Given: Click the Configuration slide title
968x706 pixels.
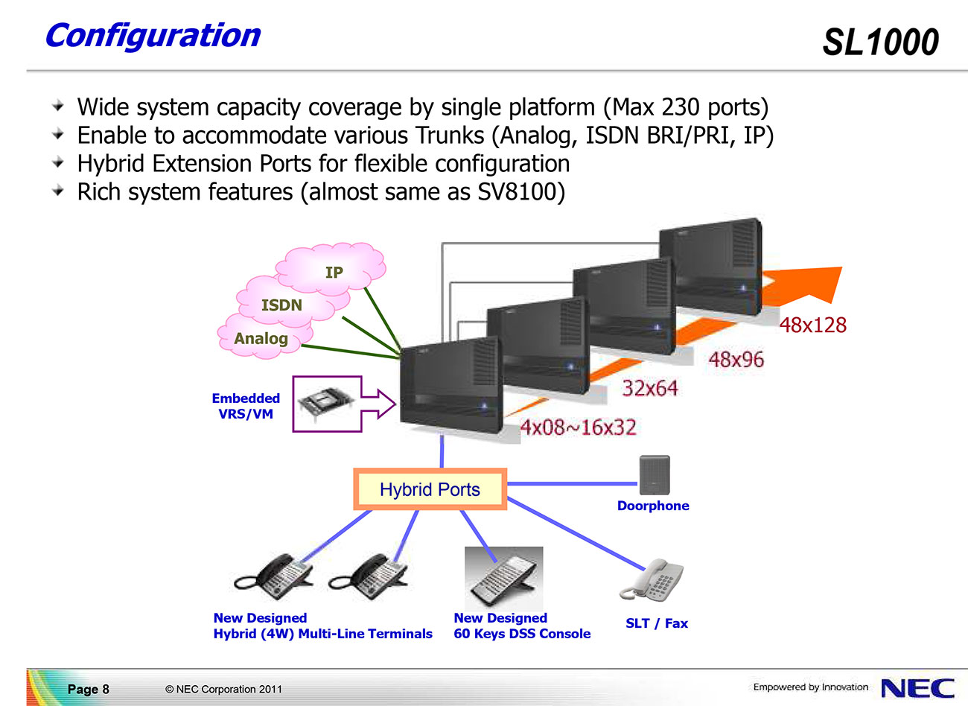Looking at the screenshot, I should [153, 36].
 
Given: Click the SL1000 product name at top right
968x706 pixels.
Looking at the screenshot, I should [880, 42].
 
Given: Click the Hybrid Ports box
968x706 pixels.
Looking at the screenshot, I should [430, 489].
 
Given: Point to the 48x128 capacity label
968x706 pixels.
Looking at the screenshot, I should [812, 325].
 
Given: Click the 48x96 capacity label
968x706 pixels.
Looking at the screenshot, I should [736, 360].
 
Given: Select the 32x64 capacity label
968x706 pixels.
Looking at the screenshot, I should [649, 388].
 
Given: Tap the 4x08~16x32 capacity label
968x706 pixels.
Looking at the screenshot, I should [578, 427].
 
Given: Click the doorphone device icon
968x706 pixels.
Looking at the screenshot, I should [654, 474].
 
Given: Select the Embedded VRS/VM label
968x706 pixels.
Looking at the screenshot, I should [246, 407].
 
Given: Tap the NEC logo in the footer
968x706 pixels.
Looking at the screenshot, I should [917, 687].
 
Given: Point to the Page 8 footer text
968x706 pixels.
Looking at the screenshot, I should [88, 689].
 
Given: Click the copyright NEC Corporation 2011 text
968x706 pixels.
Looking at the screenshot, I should [223, 689].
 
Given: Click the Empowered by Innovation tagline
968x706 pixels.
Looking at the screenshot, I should [810, 687].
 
